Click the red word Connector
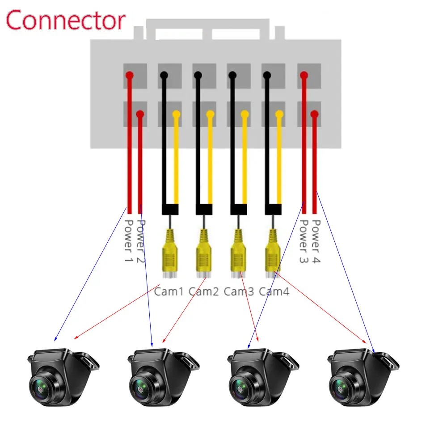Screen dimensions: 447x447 point(66,20)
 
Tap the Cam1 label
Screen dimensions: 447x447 point(169,292)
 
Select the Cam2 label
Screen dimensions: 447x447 point(203,292)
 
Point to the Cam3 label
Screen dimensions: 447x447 point(238,292)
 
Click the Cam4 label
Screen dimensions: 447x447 point(274,292)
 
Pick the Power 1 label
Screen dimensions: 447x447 point(128,241)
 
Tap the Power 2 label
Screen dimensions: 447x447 point(142,241)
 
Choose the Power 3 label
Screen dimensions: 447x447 point(304,241)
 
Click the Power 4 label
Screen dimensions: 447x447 point(316,241)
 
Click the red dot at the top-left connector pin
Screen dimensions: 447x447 point(129,75)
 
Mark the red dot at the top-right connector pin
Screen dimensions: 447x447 point(304,75)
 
